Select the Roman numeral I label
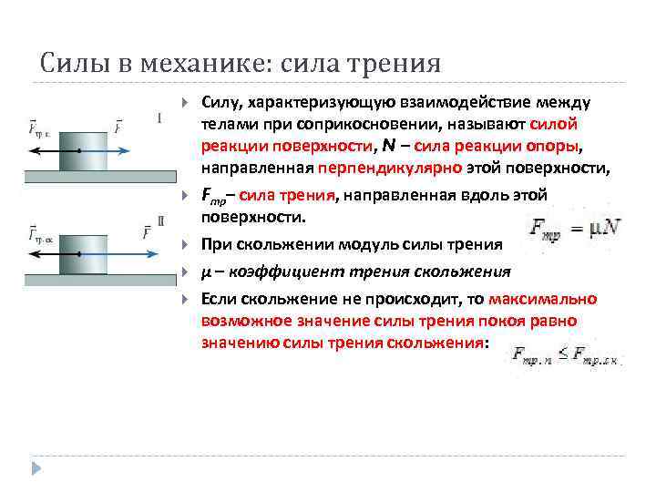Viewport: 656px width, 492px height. point(161,118)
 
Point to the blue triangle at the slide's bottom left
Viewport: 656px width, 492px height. point(37,468)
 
